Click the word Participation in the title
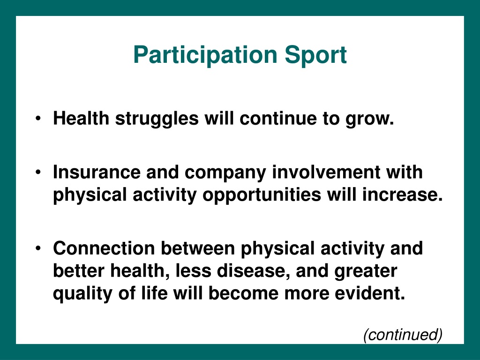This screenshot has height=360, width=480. coord(205,55)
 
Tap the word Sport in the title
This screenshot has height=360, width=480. coord(316,55)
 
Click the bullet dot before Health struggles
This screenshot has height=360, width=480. coord(38,119)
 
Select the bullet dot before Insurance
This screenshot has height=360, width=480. coord(38,172)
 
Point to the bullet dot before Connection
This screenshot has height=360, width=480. coord(38,248)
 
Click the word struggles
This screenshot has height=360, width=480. coord(157,119)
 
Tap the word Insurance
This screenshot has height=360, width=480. coord(97,172)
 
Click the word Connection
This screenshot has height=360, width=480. coord(104,248)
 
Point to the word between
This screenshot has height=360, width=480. coord(198,248)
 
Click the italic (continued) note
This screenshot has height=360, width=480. coord(403,335)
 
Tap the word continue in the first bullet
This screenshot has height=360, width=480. coord(278,119)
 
